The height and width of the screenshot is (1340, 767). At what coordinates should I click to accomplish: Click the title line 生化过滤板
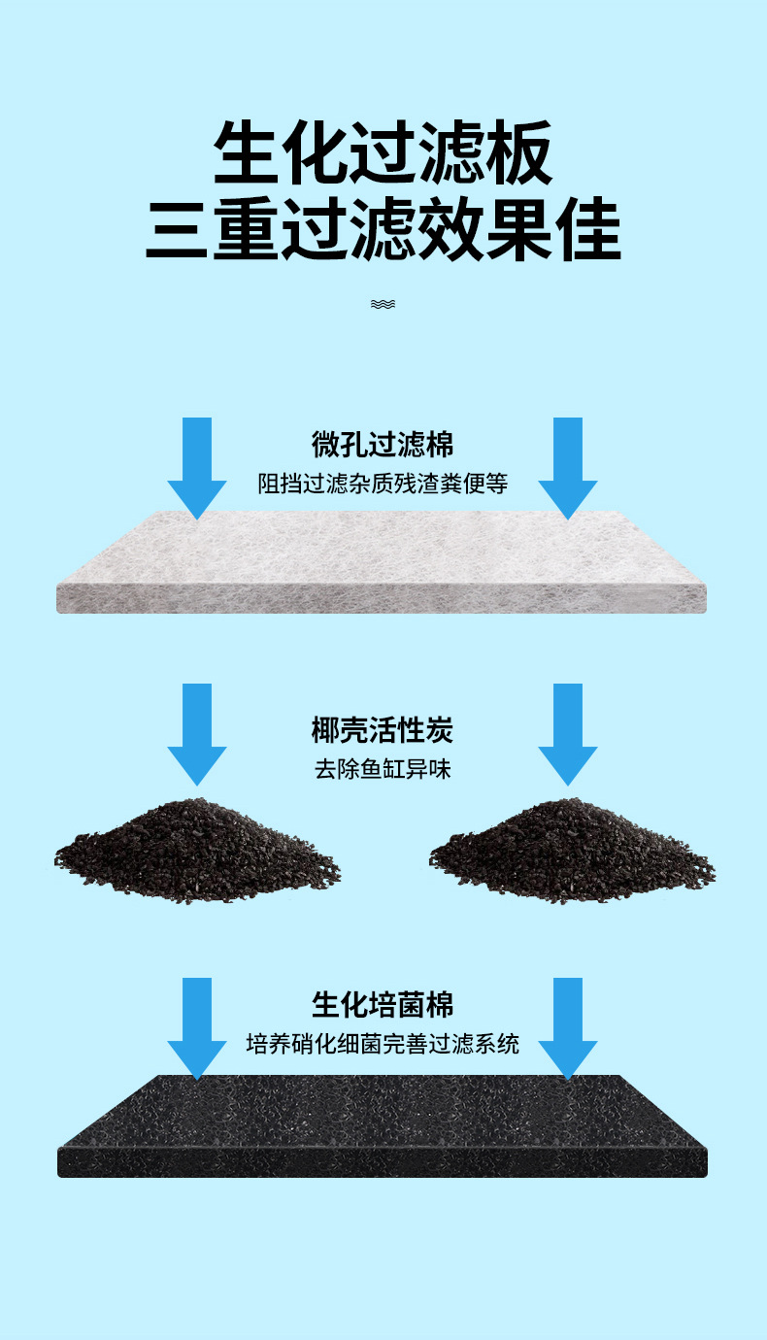[383, 153]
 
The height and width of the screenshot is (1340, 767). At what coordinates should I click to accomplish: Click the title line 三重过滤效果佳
[383, 231]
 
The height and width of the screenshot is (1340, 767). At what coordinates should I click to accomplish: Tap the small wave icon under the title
[383, 304]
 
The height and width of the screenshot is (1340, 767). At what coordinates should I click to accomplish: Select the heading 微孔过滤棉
[383, 445]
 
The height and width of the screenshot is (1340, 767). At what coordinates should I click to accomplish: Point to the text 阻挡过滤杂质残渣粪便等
[383, 483]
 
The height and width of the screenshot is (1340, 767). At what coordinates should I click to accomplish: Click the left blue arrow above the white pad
[197, 466]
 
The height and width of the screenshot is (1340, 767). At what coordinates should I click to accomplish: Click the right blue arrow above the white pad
[568, 466]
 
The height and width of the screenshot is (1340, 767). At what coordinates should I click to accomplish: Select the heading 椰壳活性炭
[383, 730]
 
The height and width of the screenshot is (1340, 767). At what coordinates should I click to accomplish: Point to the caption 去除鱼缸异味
[383, 770]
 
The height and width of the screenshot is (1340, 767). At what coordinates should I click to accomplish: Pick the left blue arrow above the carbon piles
[197, 733]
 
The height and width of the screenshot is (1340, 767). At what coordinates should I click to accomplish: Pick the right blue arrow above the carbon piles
[568, 733]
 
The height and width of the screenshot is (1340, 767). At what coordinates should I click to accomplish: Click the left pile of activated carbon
[197, 850]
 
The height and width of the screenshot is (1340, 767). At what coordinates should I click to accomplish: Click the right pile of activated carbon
[572, 850]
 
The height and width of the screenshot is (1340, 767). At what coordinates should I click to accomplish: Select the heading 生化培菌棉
[383, 1004]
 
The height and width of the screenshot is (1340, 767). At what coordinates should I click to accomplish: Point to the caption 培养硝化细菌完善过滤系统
[383, 1044]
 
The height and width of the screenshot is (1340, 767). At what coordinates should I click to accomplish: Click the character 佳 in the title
[586, 231]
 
